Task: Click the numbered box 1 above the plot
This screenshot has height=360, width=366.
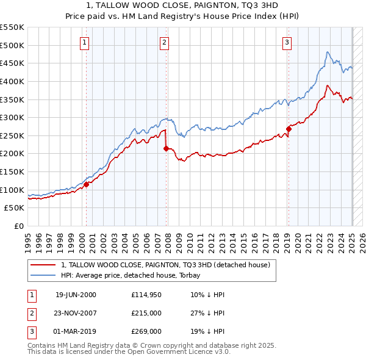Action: click(84, 42)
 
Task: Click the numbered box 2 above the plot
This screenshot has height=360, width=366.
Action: click(165, 42)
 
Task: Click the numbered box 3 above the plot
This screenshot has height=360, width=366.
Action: click(287, 42)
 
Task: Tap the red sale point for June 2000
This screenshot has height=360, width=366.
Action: click(86, 184)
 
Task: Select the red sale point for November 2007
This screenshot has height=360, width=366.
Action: click(166, 148)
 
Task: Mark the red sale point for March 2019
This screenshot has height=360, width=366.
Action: click(289, 128)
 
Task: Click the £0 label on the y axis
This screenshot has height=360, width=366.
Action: click(19, 226)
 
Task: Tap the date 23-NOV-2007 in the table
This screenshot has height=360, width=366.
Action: click(76, 313)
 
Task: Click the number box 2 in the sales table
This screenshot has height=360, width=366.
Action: click(30, 313)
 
